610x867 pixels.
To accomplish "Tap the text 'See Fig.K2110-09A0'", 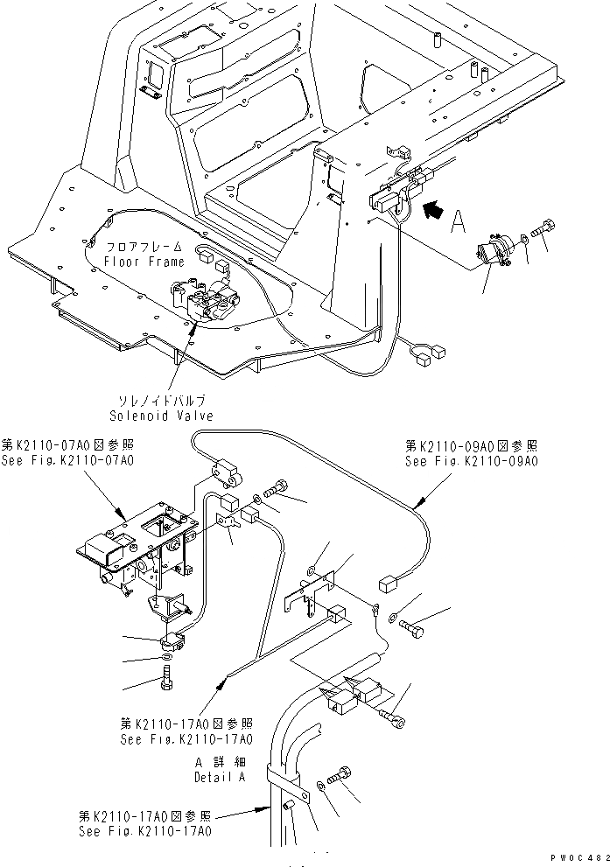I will click(472, 461).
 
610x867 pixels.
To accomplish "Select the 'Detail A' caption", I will click(220, 776).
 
